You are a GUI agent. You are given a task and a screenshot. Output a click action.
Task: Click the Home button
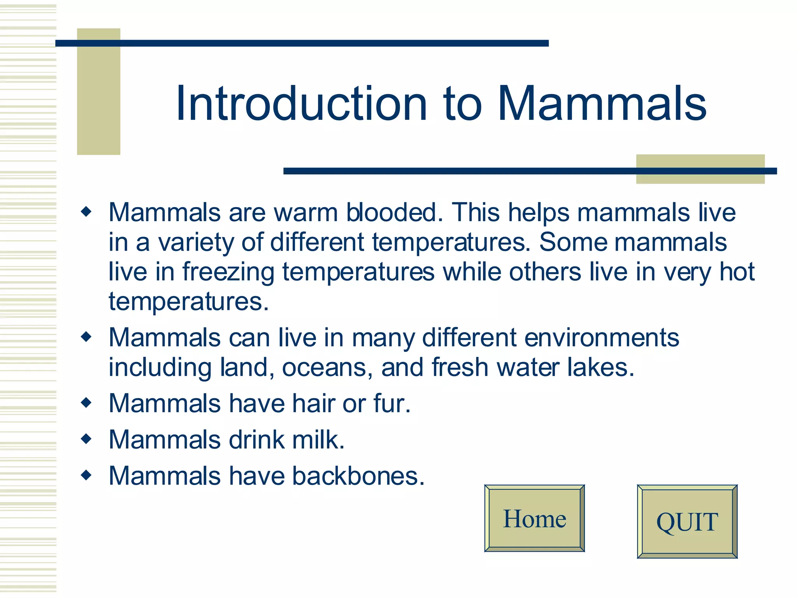(x=534, y=518)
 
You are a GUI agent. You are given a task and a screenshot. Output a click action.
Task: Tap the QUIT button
(x=687, y=522)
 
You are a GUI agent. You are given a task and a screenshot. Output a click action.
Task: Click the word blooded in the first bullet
(x=394, y=213)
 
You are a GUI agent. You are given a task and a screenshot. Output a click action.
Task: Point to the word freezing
(x=228, y=272)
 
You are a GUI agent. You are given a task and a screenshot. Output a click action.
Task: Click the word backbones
(x=358, y=476)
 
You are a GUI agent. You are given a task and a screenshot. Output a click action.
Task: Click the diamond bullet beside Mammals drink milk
(x=86, y=439)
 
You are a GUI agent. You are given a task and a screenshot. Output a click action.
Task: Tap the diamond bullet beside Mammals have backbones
(x=86, y=475)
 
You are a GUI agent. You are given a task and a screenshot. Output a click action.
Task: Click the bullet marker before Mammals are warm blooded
(x=86, y=212)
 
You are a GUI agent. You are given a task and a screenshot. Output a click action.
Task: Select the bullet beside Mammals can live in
(x=86, y=337)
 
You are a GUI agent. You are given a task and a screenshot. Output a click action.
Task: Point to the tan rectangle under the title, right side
(x=700, y=169)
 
